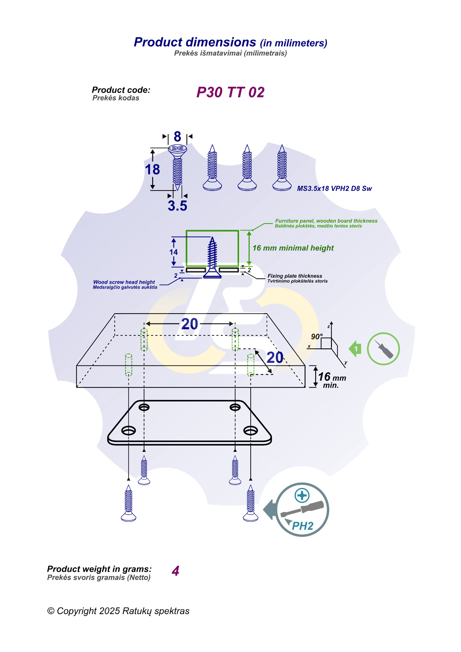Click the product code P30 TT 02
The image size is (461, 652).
tap(230, 92)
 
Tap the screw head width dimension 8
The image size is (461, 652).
tap(177, 137)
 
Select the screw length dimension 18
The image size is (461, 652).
tap(152, 169)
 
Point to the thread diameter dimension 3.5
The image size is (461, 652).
tap(177, 206)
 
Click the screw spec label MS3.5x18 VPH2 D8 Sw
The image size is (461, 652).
tap(334, 189)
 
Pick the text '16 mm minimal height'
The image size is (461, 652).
tap(293, 248)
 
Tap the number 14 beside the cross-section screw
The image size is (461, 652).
tap(173, 252)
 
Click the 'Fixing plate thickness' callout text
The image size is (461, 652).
tap(295, 276)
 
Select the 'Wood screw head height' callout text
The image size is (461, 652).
tap(124, 282)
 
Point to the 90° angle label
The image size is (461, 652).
tap(317, 336)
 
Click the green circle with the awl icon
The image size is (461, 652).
tap(383, 349)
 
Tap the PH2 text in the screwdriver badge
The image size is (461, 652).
tap(303, 526)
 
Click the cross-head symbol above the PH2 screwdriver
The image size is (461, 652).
tap(302, 495)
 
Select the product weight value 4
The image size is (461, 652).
tap(176, 571)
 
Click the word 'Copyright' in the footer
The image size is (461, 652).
tap(77, 611)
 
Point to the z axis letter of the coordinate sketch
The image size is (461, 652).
tap(329, 327)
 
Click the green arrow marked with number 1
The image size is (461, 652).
tap(355, 349)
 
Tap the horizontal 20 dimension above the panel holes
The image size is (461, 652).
tap(190, 324)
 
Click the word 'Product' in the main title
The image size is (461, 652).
tap(158, 42)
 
